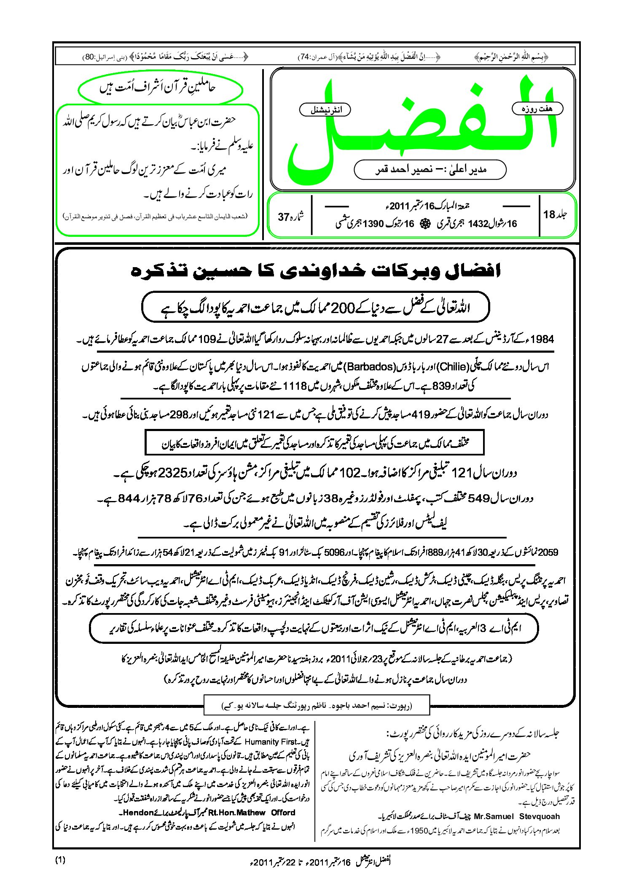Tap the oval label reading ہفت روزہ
tap(537, 109)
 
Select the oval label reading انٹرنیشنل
tap(325, 110)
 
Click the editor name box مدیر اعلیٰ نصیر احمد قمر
tap(430, 170)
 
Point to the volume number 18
tap(549, 214)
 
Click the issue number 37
tap(283, 217)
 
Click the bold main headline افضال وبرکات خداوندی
tap(315, 271)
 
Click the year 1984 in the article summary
tap(542, 339)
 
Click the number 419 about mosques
tap(420, 415)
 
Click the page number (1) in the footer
tap(60, 860)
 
